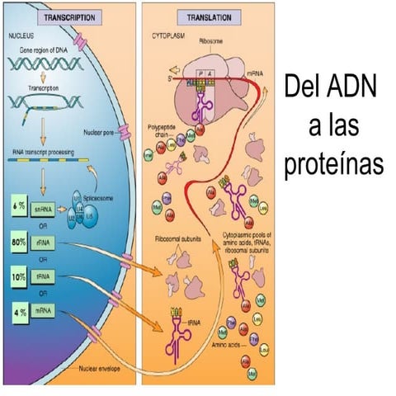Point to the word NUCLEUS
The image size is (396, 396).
point(21,37)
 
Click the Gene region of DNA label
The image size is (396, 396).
point(48,51)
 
